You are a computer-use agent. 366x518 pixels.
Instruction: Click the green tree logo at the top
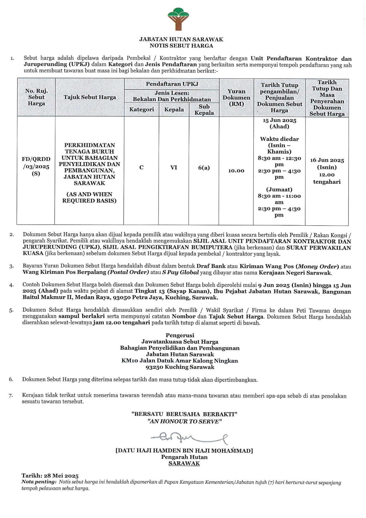pyautogui.click(x=178, y=19)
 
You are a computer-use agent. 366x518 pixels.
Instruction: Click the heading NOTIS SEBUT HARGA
pyautogui.click(x=181, y=46)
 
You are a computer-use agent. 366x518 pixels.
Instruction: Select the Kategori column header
pyautogui.click(x=141, y=110)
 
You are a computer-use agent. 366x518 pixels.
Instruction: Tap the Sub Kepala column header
pyautogui.click(x=204, y=110)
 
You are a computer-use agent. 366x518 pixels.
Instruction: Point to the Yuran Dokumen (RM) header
pyautogui.click(x=236, y=97)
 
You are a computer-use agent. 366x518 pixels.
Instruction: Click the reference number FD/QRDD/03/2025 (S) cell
pyautogui.click(x=36, y=166)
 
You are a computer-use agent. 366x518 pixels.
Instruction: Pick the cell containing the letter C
pyautogui.click(x=141, y=167)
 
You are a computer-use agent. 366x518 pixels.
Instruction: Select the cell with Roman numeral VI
pyautogui.click(x=174, y=167)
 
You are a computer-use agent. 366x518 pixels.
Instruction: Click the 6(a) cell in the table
pyautogui.click(x=204, y=168)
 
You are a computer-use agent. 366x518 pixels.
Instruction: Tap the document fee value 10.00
pyautogui.click(x=236, y=171)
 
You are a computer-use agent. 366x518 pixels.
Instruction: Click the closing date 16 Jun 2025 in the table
pyautogui.click(x=327, y=160)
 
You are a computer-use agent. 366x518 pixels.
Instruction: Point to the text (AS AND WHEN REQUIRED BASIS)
pyautogui.click(x=89, y=197)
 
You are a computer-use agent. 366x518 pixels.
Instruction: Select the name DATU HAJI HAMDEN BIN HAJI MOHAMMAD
pyautogui.click(x=184, y=451)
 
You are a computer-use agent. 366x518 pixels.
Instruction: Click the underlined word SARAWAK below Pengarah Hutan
pyautogui.click(x=184, y=463)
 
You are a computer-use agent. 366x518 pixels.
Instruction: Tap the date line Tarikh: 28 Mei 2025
pyautogui.click(x=50, y=476)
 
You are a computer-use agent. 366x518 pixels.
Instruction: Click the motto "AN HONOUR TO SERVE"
pyautogui.click(x=184, y=421)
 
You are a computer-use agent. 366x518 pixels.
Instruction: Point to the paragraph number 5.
pyautogui.click(x=11, y=310)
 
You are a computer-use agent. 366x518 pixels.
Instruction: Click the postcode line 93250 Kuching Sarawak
pyautogui.click(x=180, y=367)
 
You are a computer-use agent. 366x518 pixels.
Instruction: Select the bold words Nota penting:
pyautogui.click(x=39, y=482)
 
